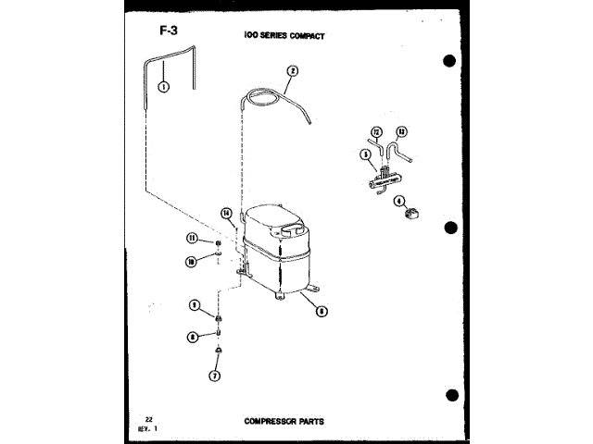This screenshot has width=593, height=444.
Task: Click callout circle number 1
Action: pyautogui.click(x=163, y=88)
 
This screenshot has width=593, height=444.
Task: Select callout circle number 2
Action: pyautogui.click(x=292, y=70)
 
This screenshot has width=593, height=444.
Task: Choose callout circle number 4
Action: pyautogui.click(x=399, y=201)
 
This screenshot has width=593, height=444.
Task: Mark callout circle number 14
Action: pyautogui.click(x=225, y=214)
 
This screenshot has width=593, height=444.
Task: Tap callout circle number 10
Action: pyautogui.click(x=191, y=262)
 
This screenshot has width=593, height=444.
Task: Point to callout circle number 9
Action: pyautogui.click(x=196, y=304)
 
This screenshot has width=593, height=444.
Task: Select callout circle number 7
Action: pyautogui.click(x=215, y=376)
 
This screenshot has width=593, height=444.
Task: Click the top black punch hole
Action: pyautogui.click(x=449, y=62)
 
